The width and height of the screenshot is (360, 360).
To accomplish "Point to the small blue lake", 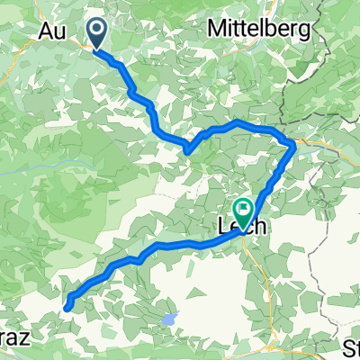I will [169, 319].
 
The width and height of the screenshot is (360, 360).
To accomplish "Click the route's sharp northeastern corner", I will [294, 144].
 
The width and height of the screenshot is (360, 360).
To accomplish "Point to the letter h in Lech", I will [261, 228].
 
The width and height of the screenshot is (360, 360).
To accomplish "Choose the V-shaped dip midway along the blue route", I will [187, 148].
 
